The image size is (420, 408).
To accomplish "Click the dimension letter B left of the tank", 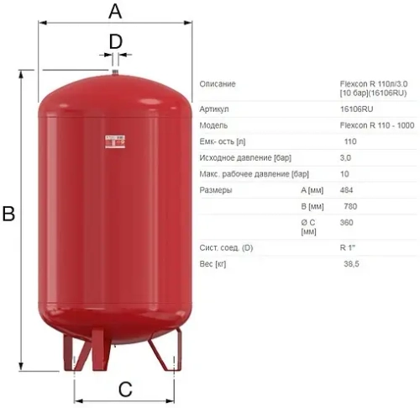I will tap(9, 215).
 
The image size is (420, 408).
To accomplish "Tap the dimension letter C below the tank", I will tap(124, 389).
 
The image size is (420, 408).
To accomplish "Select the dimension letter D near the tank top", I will tap(116, 40).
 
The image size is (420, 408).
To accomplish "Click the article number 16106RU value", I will tap(357, 109).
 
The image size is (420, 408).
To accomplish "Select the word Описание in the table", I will tap(218, 83).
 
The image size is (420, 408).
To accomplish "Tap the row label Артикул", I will tap(215, 109).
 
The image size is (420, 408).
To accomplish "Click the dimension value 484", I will tap(346, 190).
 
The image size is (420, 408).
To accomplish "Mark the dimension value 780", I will tap(346, 206).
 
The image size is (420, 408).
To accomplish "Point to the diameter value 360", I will tap(346, 223).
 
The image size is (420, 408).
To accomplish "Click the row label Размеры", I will tap(216, 190).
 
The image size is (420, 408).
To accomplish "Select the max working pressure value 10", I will tap(344, 174).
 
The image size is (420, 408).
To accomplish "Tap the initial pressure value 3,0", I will tap(345, 157).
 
